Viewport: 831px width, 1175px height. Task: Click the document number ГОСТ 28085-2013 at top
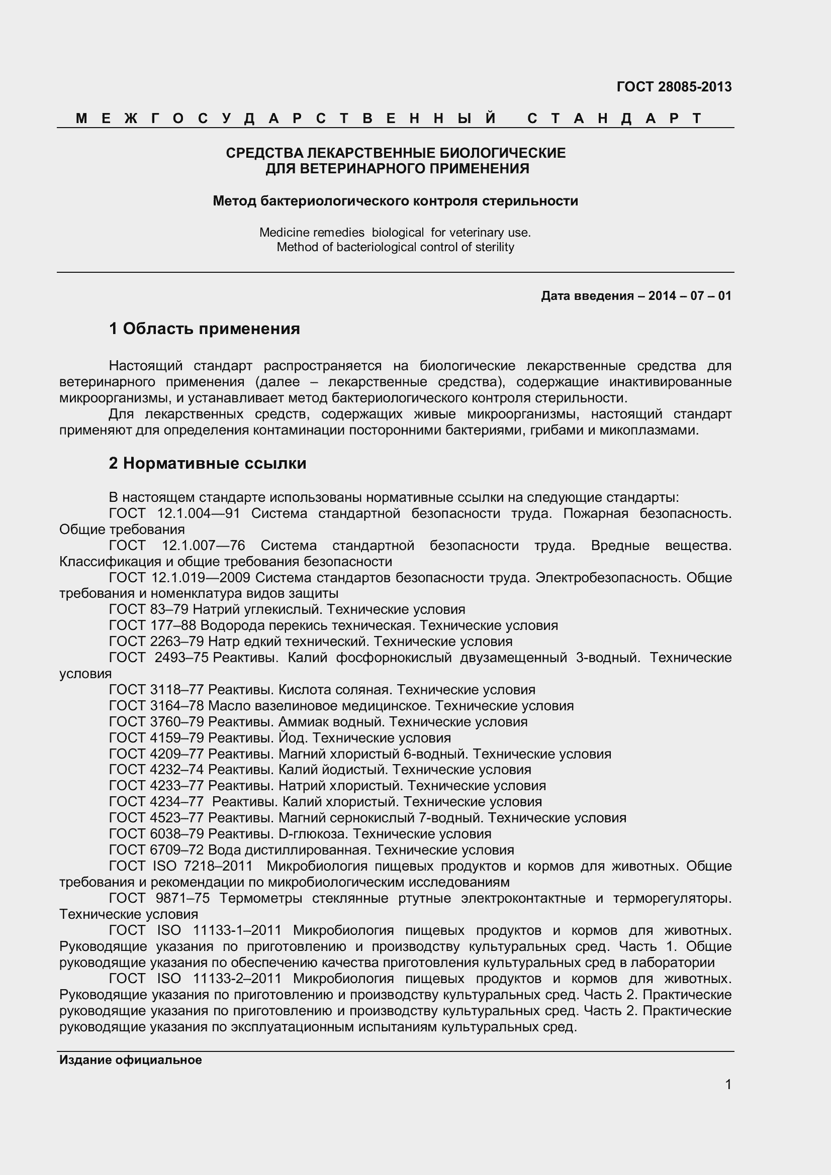[x=674, y=87]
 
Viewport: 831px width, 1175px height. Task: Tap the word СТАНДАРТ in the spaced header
[x=614, y=119]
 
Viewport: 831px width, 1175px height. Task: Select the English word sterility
[x=495, y=247]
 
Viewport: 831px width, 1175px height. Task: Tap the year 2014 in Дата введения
[x=662, y=296]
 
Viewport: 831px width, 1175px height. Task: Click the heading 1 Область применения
[x=204, y=329]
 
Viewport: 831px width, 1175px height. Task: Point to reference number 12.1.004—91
[x=198, y=513]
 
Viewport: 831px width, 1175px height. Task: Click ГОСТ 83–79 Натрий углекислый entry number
[x=170, y=609]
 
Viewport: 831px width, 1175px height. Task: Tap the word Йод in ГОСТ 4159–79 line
[x=293, y=738]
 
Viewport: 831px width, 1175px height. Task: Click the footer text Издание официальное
[x=131, y=1060]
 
